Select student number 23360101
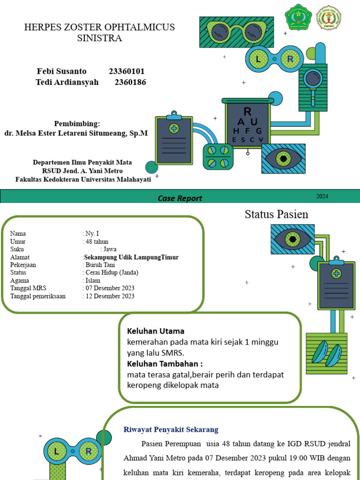click(x=127, y=71)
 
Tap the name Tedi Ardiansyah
click(x=67, y=82)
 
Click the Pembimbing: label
click(x=77, y=124)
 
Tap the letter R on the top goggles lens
click(x=290, y=59)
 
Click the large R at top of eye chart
click(x=247, y=112)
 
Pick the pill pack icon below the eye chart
click(x=218, y=157)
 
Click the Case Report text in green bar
click(x=180, y=198)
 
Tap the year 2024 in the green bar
click(x=322, y=196)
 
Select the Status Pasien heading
click(x=277, y=215)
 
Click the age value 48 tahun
click(x=97, y=241)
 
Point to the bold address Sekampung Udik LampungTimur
click(x=131, y=257)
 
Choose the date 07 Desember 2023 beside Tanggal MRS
click(x=109, y=288)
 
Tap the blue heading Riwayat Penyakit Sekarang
click(x=171, y=429)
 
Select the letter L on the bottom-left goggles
click(x=56, y=451)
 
